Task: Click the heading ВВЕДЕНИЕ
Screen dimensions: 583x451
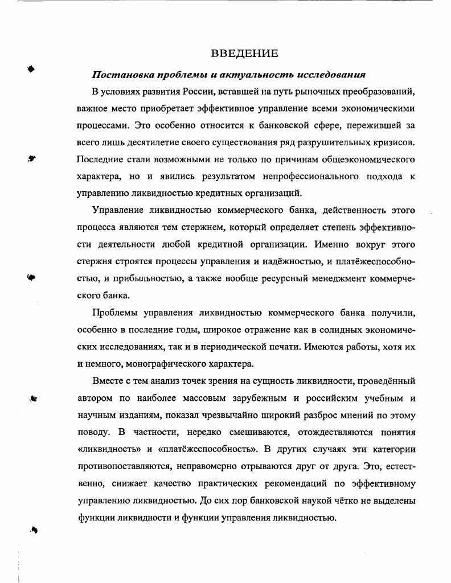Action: point(244,54)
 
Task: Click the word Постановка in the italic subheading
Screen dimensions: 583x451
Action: point(118,75)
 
